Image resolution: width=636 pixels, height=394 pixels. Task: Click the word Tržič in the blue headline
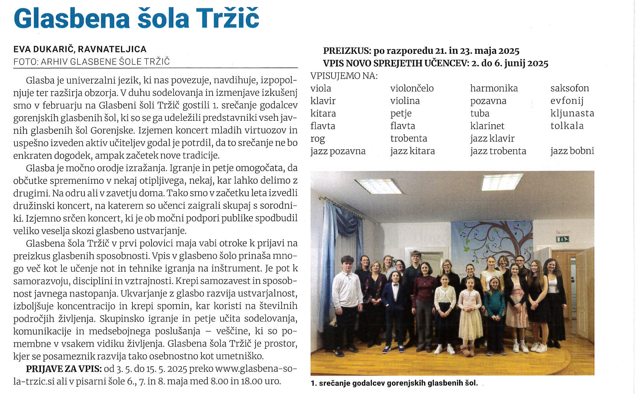tap(228, 19)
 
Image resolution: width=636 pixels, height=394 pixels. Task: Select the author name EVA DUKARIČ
tap(44, 49)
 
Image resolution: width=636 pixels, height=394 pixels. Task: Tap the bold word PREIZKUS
tap(347, 51)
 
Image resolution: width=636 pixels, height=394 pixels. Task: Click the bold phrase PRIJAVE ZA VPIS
tap(64, 369)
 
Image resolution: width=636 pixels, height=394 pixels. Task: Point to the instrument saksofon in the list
tap(569, 88)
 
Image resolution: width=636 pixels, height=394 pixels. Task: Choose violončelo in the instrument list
tap(412, 88)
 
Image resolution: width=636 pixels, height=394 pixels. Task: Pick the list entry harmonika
tap(494, 88)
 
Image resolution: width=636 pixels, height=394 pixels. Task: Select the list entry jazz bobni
tap(572, 151)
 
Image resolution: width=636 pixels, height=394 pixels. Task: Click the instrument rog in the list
tap(318, 139)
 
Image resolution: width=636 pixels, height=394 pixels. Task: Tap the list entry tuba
tap(480, 114)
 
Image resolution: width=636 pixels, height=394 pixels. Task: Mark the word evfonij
tap(567, 101)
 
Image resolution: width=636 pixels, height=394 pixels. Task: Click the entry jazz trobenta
tap(498, 151)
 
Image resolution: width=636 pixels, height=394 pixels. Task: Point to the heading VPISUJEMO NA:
tap(344, 76)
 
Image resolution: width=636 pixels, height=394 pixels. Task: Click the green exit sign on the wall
tap(562, 239)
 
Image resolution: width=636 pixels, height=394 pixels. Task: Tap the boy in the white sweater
tap(347, 293)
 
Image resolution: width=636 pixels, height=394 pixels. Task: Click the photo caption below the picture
tap(394, 383)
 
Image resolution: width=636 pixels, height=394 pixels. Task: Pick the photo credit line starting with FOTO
tap(91, 62)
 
